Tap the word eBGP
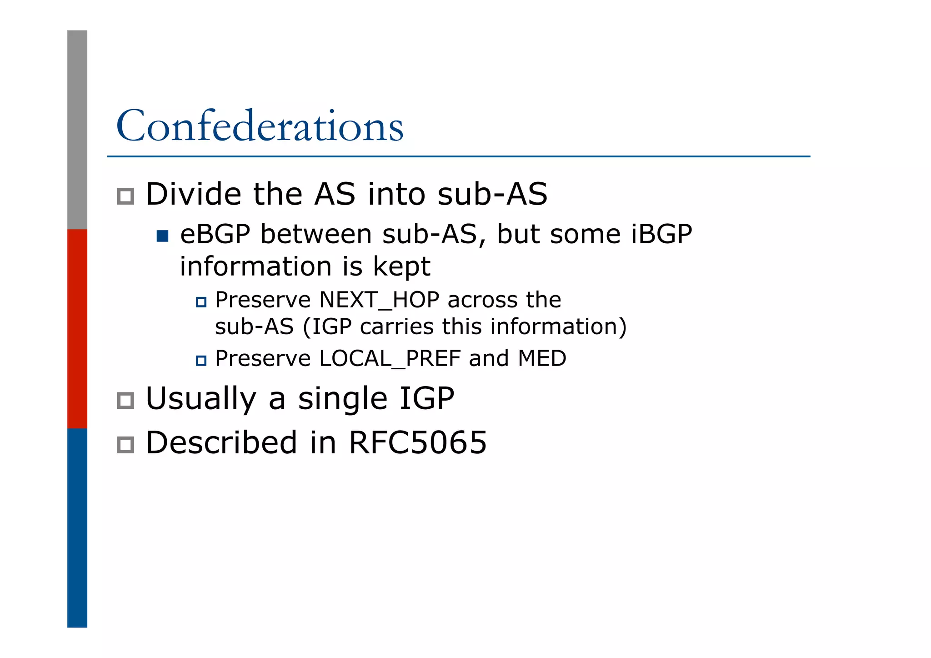pyautogui.click(x=215, y=235)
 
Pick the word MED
pyautogui.click(x=542, y=359)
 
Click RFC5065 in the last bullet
pyautogui.click(x=417, y=442)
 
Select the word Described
pyautogui.click(x=221, y=442)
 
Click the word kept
pyautogui.click(x=401, y=267)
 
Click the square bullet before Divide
pyautogui.click(x=125, y=196)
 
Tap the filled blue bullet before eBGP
pyautogui.click(x=162, y=236)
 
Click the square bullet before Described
pyautogui.click(x=125, y=445)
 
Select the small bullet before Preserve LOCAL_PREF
pyautogui.click(x=201, y=361)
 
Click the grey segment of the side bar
pyautogui.click(x=77, y=130)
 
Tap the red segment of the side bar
pyautogui.click(x=77, y=328)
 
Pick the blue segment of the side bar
pyautogui.click(x=77, y=527)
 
